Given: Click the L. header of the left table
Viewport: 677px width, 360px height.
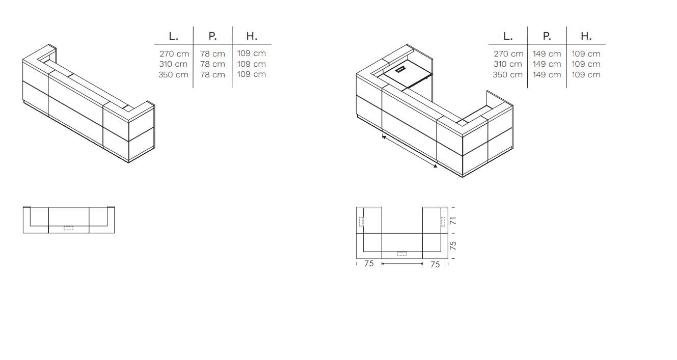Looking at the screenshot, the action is point(173,36).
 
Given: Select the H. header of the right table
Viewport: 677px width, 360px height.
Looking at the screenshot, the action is point(586,36).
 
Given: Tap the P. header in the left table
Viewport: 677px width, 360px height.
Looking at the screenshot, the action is point(212,36).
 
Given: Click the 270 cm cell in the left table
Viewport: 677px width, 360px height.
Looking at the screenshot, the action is point(174,54).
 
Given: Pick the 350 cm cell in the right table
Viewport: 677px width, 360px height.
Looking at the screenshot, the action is point(507,75).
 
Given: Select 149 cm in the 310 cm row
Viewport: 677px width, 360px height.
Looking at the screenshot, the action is point(547,64).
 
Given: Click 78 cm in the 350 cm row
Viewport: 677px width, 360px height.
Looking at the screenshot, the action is point(212,75).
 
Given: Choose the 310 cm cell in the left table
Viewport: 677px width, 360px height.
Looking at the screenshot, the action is point(173,64).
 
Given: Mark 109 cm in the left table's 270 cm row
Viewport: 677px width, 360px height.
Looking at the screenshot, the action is point(252,53).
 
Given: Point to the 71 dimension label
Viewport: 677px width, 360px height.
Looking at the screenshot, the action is point(453,221).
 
